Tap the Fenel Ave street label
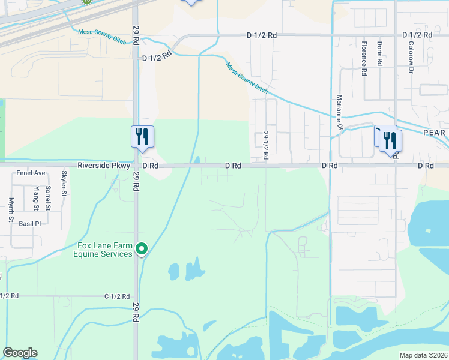tap(31, 173)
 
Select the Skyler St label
tap(64, 184)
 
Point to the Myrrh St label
tap(11, 211)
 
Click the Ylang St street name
tap(36, 199)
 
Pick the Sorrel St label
tap(48, 197)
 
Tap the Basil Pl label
tap(28, 223)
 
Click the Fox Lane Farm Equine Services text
tap(103, 250)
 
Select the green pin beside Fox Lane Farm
tap(142, 247)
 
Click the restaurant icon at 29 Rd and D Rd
tap(142, 136)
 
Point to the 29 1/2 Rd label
tap(265, 146)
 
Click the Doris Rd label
tap(380, 54)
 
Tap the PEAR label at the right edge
tap(434, 133)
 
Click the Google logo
tap(20, 353)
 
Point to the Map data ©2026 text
tap(424, 355)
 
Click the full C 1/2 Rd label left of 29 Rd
tap(117, 296)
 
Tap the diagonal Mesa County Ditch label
tap(247, 77)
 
